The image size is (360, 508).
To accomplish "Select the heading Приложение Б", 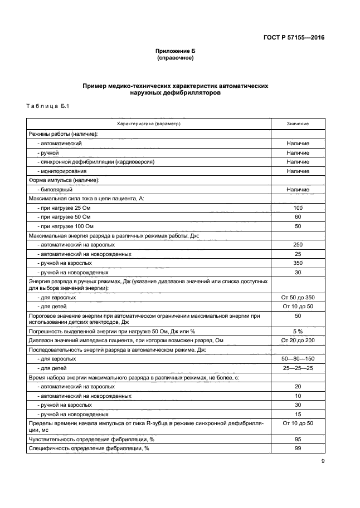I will (175, 51).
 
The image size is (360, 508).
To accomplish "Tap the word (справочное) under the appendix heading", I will (175, 57).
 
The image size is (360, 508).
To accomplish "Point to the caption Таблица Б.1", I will (47, 106).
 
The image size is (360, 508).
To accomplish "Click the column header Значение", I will (298, 124).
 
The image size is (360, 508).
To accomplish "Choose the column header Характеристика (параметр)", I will (148, 124).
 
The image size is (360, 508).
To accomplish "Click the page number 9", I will (322, 461).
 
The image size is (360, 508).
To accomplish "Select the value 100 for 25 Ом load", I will (298, 208).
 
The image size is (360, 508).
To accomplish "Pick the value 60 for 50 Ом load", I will (298, 217).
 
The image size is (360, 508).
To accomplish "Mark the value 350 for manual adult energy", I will (298, 263).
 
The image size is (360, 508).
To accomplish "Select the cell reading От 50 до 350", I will (298, 298).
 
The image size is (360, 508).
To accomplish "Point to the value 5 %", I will (298, 331).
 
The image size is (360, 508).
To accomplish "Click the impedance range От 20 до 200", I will (298, 341).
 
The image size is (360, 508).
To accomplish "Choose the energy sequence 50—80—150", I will (298, 359).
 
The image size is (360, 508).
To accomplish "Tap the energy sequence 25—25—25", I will (298, 368).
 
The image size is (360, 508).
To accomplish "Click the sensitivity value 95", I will (298, 439).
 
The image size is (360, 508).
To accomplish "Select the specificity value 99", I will (298, 448).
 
